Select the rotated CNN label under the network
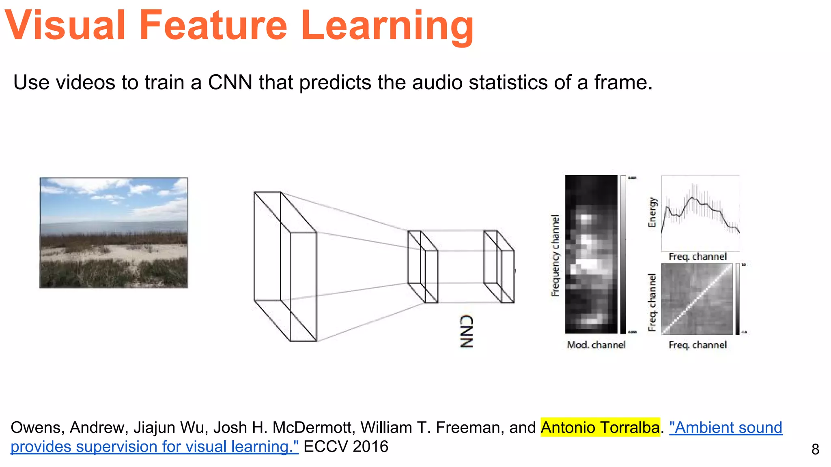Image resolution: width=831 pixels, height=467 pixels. pos(467,331)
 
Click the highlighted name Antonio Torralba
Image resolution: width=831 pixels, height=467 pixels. pos(600,428)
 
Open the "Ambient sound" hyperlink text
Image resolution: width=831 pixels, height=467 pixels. pos(726,428)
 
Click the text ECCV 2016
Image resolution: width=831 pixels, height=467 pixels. pos(346,447)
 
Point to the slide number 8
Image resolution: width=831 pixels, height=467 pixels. pos(815,450)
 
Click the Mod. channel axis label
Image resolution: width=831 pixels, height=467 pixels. pos(596,345)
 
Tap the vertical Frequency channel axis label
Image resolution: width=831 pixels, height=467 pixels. pos(555,255)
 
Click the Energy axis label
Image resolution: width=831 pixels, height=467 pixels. pos(652,212)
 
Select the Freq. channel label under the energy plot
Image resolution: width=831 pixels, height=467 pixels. pos(697,257)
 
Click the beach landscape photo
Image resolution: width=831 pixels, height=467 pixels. pos(114,233)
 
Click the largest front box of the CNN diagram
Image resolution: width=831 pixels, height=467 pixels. pos(303,287)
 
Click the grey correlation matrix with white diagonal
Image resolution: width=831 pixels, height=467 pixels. pos(697,299)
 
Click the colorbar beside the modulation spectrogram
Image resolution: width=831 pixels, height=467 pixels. pos(623,255)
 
